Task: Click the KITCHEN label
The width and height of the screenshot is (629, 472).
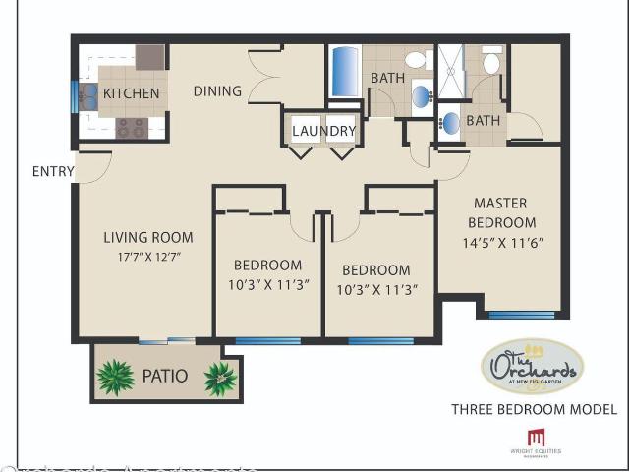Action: point(131,93)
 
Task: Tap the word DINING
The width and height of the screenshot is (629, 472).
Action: point(217,91)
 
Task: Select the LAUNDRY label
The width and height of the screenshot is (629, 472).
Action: point(323,131)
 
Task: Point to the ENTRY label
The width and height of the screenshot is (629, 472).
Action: point(53,171)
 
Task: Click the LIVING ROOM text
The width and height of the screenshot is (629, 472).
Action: point(148,237)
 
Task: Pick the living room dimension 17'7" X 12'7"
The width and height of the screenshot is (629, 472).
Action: point(148,257)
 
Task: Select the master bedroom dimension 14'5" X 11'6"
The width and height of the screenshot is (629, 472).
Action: point(501,242)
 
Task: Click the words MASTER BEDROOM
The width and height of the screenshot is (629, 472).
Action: point(501,213)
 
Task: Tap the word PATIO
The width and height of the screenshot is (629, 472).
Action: point(166,376)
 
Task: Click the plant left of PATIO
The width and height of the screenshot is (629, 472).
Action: point(116,377)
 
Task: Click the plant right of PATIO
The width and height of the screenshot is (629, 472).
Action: point(220,378)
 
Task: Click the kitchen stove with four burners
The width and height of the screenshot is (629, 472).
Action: point(132,127)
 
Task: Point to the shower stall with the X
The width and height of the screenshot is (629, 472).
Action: point(451,72)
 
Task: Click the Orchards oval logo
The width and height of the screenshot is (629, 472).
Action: point(532,367)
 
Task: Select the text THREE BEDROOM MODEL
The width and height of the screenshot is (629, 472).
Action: point(534,409)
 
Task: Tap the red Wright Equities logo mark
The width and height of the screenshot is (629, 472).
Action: point(535,438)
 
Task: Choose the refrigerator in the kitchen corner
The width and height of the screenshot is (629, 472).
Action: point(149,56)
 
